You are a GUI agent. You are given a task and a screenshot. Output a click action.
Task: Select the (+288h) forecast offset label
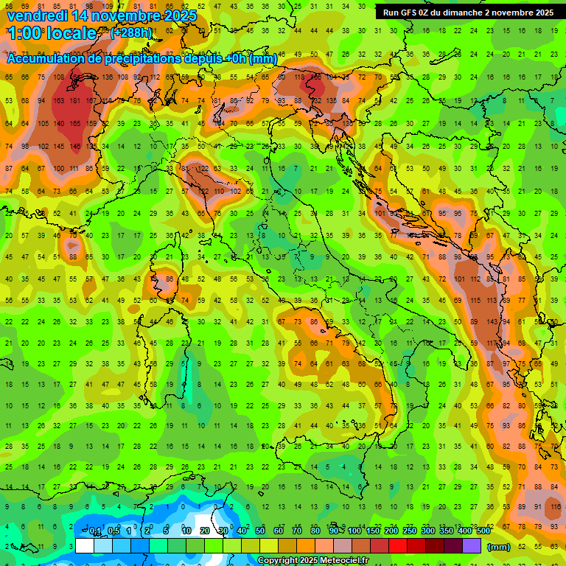point(132,33)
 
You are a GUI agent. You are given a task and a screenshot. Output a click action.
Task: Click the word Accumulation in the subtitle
point(46,58)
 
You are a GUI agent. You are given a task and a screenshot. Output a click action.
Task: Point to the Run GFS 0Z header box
point(468,13)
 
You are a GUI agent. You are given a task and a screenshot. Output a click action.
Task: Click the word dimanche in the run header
point(477,13)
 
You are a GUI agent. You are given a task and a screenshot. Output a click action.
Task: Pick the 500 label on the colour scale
point(483,531)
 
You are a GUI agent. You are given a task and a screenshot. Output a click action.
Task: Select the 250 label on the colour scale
point(409,531)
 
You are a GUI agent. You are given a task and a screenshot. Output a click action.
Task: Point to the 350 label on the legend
point(446,531)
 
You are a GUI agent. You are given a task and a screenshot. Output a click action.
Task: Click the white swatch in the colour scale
point(85,546)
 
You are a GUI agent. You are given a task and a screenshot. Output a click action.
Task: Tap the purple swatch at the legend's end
point(472,546)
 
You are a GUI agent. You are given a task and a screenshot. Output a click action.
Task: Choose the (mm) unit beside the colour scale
point(499,547)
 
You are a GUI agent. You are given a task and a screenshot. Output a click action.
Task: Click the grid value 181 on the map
point(74,100)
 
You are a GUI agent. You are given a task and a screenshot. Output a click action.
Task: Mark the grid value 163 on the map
point(57,100)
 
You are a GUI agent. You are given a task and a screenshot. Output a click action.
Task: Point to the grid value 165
point(74,123)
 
